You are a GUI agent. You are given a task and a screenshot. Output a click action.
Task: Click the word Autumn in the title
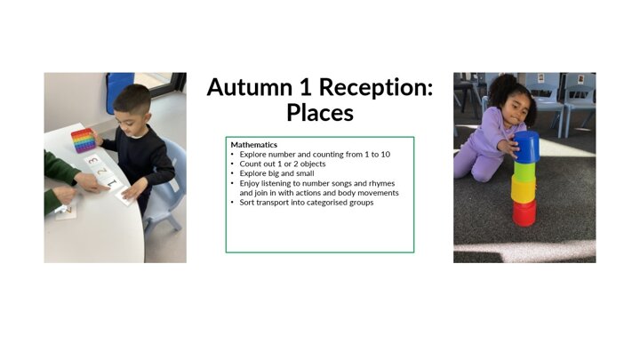click(250, 87)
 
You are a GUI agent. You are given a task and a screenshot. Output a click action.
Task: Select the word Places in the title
click(320, 113)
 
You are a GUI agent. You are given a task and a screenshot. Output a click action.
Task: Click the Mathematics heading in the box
click(254, 145)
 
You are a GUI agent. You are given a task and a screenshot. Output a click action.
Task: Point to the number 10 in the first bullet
click(385, 155)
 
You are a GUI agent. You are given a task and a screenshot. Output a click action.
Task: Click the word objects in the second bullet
click(313, 164)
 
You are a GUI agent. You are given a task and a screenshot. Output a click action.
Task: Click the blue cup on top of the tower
click(526, 147)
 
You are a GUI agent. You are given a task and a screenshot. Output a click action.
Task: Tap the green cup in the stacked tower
click(524, 171)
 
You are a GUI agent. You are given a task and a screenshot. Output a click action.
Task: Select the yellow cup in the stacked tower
click(524, 189)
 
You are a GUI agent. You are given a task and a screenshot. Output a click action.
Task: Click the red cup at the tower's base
click(524, 212)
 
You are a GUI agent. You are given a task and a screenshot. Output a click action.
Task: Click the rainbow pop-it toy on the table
click(84, 140)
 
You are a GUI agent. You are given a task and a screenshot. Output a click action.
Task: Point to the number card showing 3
click(93, 160)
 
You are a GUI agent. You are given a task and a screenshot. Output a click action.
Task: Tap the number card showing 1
click(112, 184)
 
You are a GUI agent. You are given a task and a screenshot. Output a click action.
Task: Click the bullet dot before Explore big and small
click(232, 173)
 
